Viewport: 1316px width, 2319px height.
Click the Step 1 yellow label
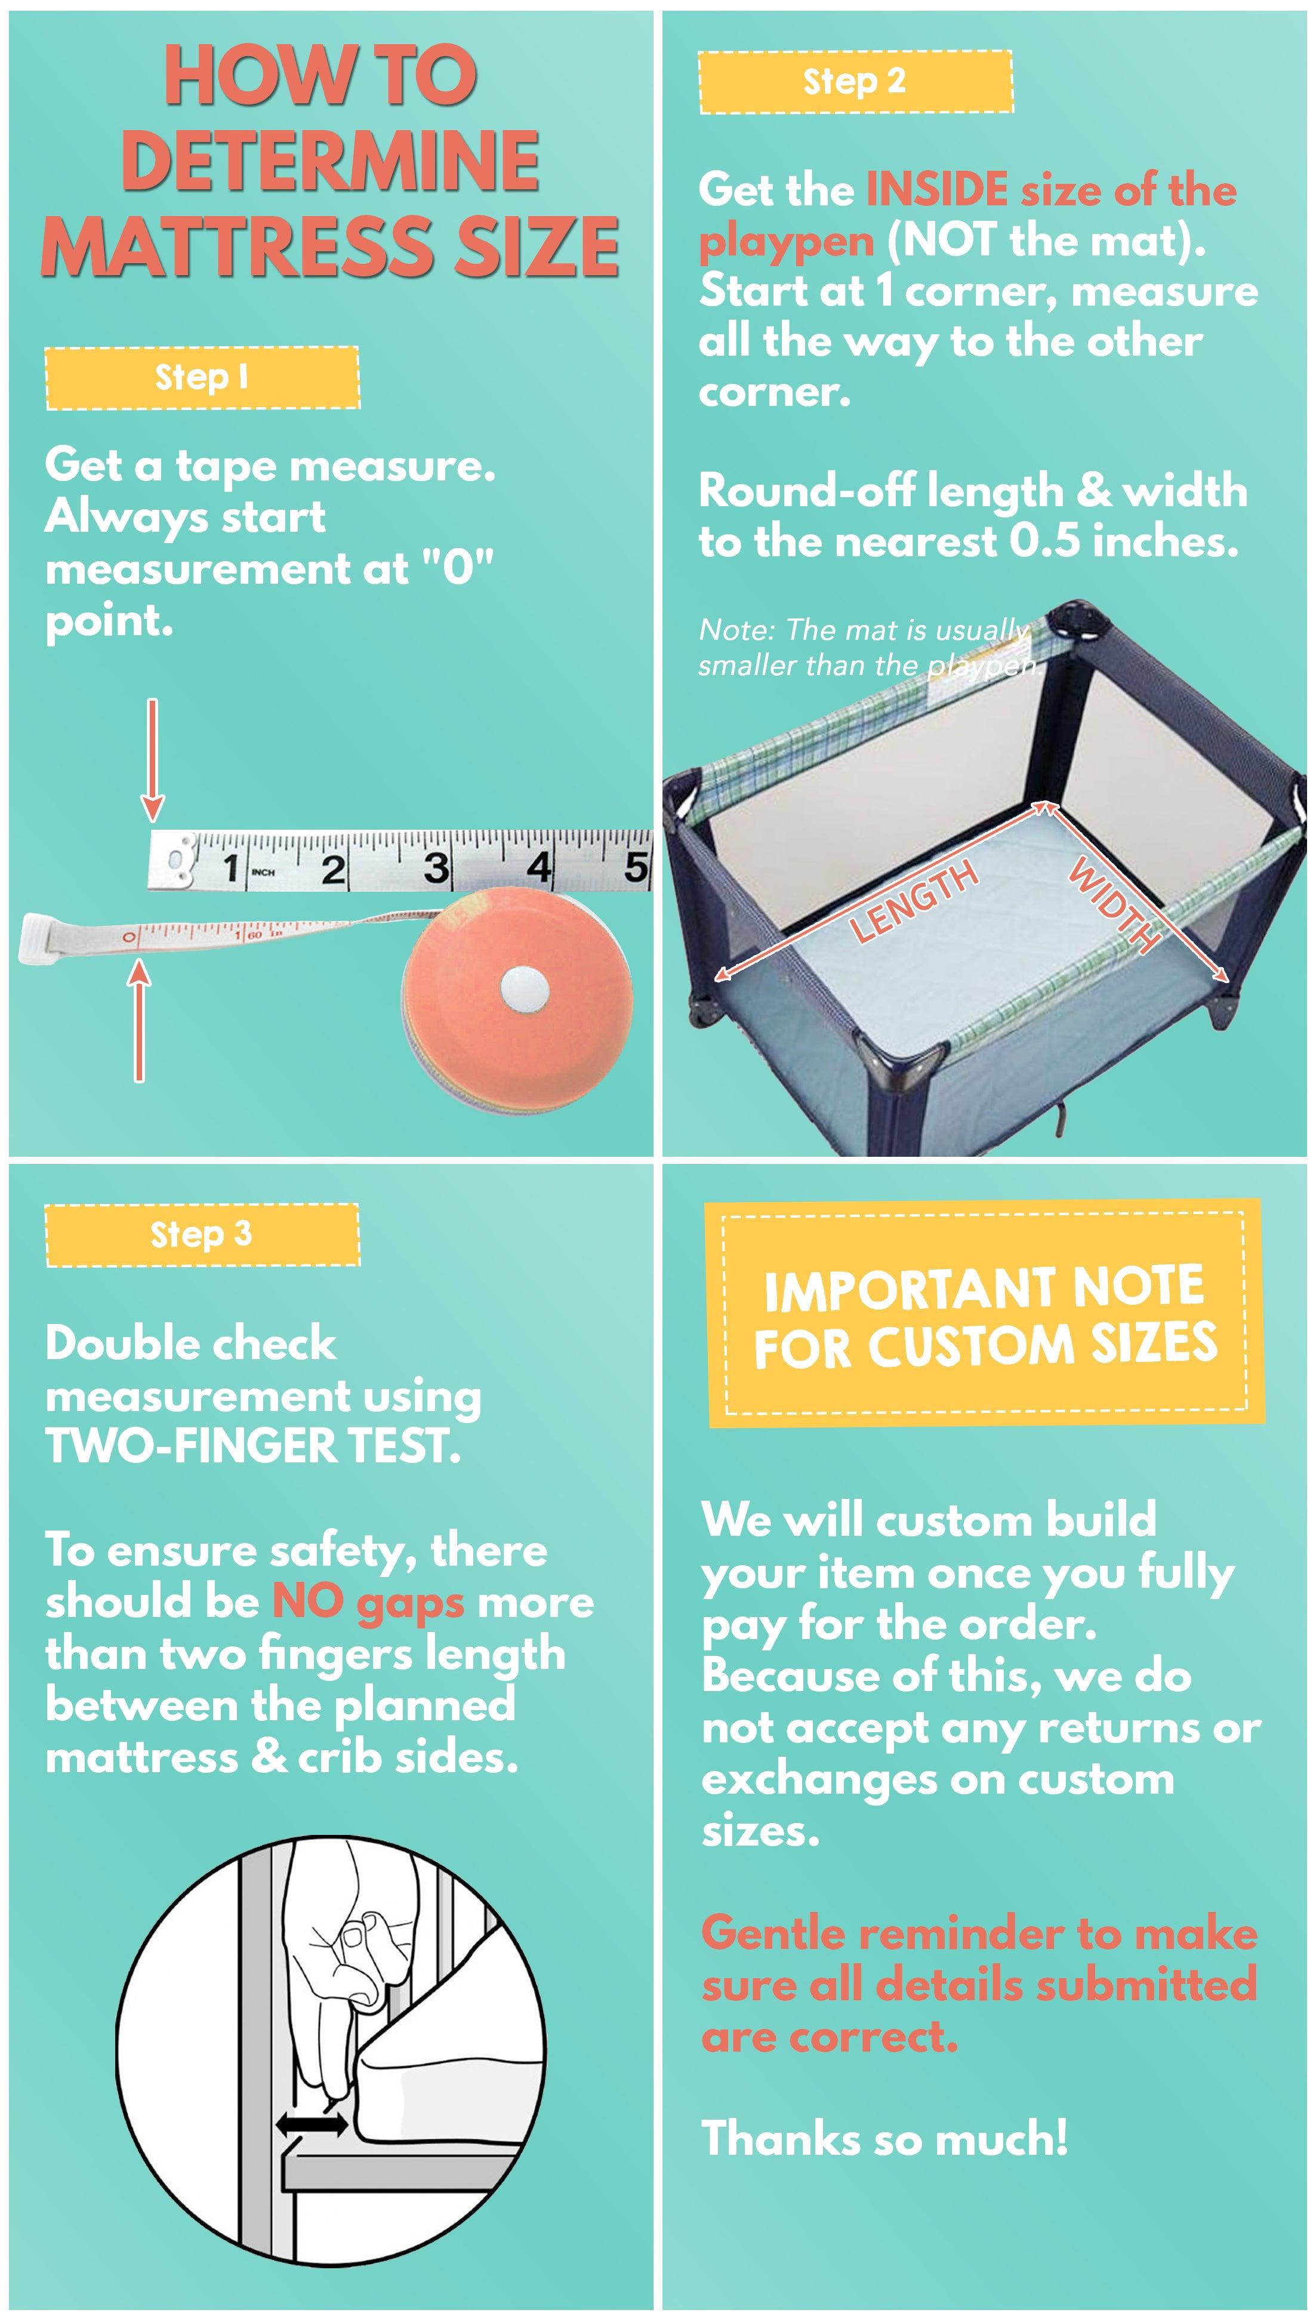[202, 378]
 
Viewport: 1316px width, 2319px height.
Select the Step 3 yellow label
[202, 1234]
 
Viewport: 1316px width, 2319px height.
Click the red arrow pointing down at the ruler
[153, 759]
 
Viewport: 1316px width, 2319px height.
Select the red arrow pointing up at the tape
[139, 1021]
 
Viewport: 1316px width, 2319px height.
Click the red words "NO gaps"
[368, 1602]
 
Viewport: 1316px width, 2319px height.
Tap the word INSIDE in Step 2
[936, 190]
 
